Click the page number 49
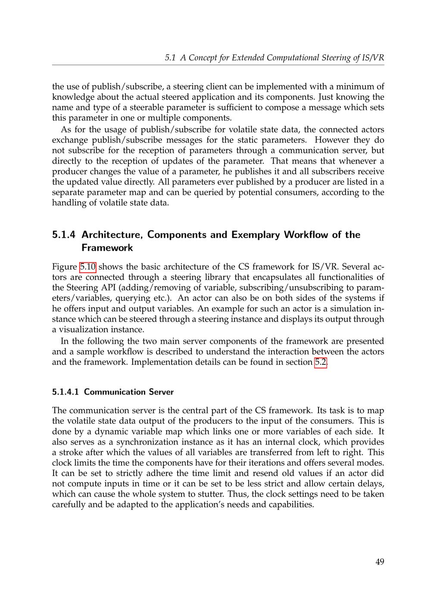click(379, 562)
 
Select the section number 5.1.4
click(64, 235)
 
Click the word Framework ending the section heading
click(107, 248)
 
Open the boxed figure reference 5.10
click(87, 267)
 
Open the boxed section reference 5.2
click(321, 362)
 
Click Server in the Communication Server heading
click(161, 392)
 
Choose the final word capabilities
click(291, 504)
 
